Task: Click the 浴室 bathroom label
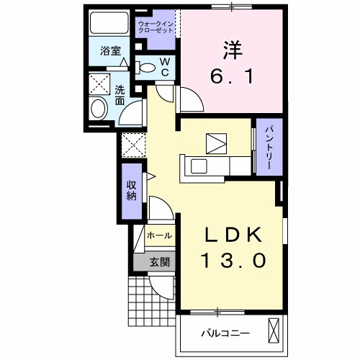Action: point(110,51)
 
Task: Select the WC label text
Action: point(164,68)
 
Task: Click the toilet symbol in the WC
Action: point(146,68)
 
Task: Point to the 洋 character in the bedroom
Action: point(231,50)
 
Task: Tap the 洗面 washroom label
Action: point(120,95)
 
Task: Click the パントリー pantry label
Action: point(265,147)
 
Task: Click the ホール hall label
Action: point(159,235)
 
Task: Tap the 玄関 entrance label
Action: point(159,262)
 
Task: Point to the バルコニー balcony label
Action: point(225,333)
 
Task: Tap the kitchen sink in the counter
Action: point(198,166)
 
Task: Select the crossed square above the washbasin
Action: point(99,81)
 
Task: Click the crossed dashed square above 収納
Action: point(132,145)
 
